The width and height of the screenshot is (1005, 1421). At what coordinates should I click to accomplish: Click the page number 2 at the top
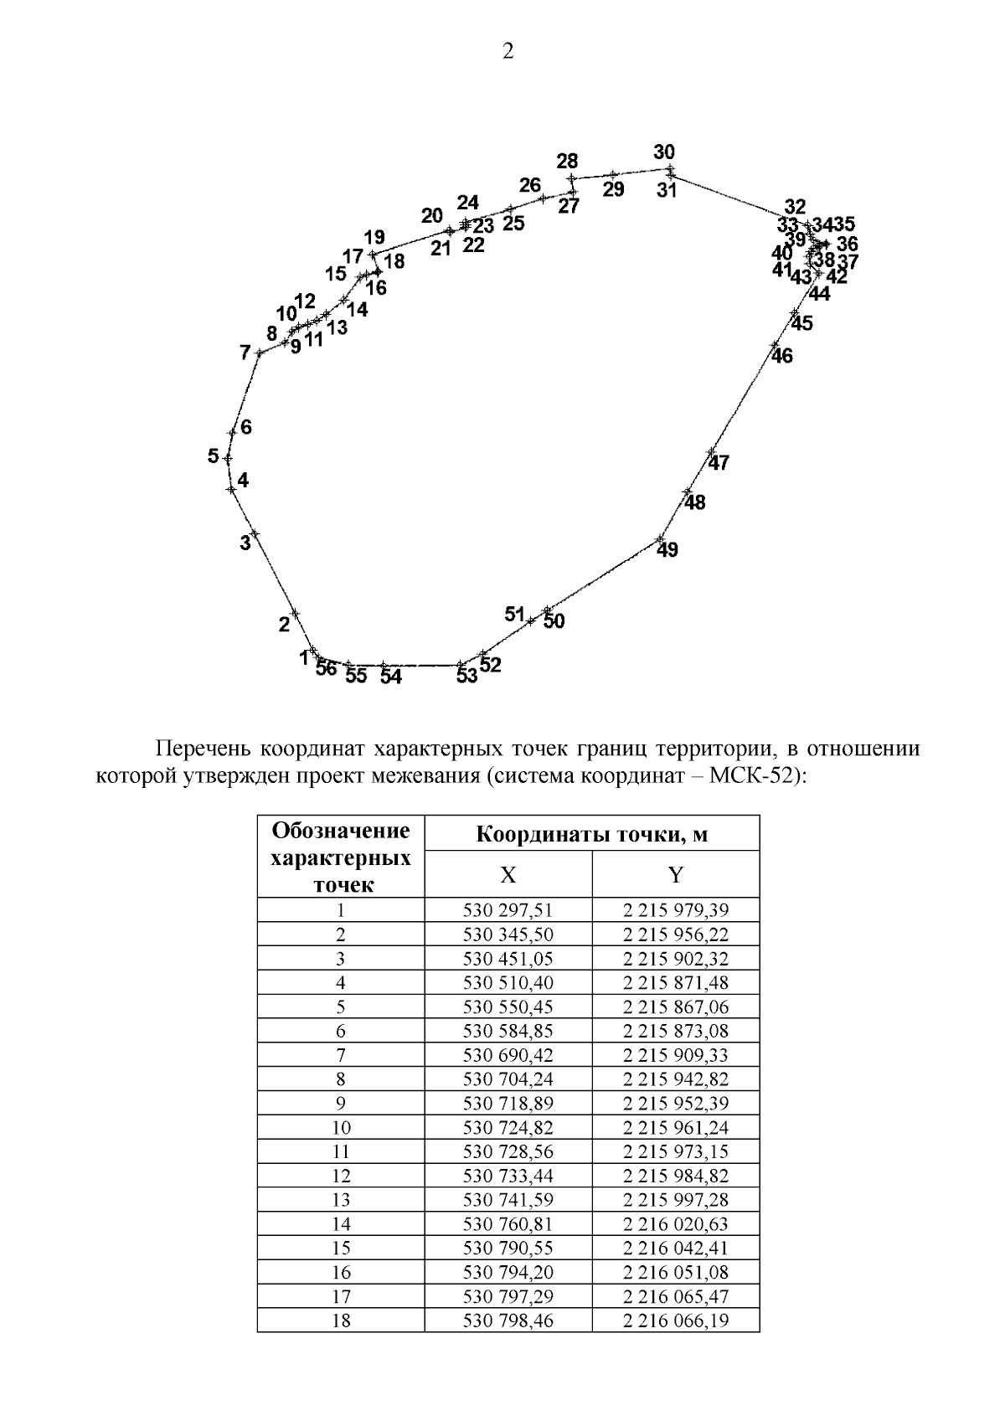(x=508, y=52)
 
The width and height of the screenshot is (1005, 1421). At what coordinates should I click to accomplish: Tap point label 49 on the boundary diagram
(x=667, y=550)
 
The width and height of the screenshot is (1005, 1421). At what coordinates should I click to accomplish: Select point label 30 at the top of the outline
(x=664, y=152)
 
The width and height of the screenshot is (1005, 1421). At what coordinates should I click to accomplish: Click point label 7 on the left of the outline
(x=245, y=353)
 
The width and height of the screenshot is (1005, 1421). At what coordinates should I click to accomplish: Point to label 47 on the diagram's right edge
(x=719, y=462)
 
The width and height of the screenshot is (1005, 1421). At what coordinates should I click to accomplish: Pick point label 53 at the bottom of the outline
(x=466, y=675)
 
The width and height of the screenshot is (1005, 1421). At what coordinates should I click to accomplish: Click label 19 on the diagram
(x=374, y=237)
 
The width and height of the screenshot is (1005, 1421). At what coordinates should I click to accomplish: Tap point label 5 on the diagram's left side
(x=214, y=456)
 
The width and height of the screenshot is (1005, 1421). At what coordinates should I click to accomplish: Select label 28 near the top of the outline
(x=567, y=161)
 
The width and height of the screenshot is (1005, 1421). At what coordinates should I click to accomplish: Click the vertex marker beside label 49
(x=660, y=538)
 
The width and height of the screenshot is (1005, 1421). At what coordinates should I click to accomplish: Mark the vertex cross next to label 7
(x=260, y=353)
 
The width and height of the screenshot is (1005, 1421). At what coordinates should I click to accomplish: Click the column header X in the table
(x=508, y=875)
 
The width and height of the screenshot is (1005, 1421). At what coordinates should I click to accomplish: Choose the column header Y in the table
(x=675, y=875)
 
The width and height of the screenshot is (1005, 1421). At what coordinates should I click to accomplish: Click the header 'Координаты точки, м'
(x=591, y=834)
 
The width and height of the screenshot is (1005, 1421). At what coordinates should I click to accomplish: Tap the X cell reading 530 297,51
(x=508, y=910)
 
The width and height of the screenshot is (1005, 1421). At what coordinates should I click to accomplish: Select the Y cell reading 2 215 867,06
(x=675, y=1007)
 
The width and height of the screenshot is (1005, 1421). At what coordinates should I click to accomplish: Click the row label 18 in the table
(x=341, y=1321)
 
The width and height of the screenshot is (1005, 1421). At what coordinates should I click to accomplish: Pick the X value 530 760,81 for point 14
(x=508, y=1224)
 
